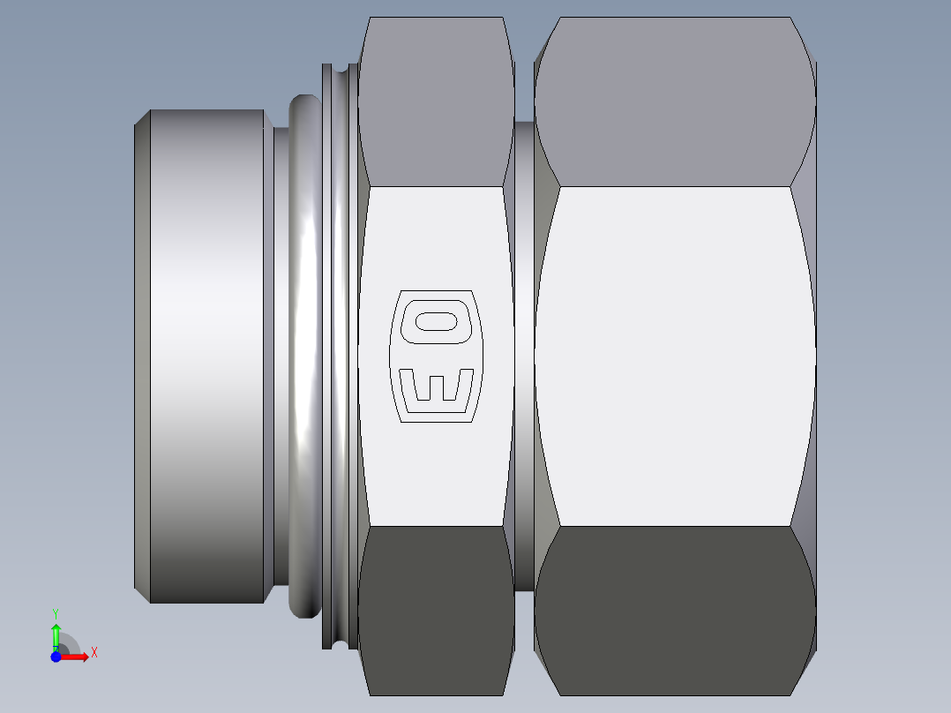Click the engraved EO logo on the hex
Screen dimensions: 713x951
coord(437,356)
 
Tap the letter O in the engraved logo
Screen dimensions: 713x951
coord(436,320)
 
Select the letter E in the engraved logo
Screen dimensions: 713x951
coord(437,386)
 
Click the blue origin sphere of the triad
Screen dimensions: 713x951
coord(56,657)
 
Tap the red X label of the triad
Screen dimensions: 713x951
coord(94,653)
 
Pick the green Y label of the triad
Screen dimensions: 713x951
coord(56,612)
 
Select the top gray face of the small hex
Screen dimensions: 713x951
coord(436,101)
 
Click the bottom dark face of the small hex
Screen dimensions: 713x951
coord(436,609)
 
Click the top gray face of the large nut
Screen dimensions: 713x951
coord(675,101)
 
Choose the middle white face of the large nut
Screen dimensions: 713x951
coord(675,356)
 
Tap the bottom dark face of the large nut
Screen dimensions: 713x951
coord(675,609)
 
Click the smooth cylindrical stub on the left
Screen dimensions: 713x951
coord(207,356)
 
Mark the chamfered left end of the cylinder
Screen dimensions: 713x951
coord(142,356)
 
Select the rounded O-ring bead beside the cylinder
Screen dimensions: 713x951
coord(304,356)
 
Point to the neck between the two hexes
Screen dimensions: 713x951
coord(524,356)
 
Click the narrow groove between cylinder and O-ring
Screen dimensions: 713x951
coord(280,356)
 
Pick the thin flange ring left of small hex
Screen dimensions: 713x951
coord(340,356)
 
